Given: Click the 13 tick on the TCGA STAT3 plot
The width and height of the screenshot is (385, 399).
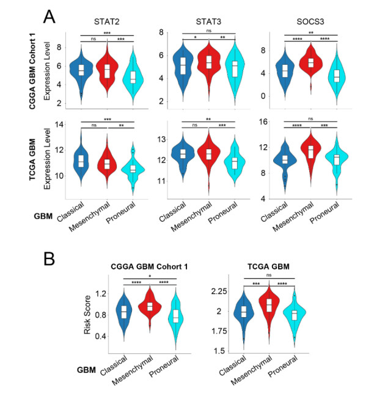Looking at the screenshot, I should (153, 140).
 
